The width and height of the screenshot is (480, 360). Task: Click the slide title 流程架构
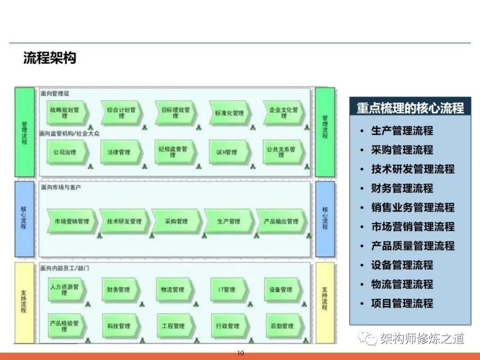pyautogui.click(x=50, y=58)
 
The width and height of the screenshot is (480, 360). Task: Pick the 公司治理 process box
pyautogui.click(x=66, y=152)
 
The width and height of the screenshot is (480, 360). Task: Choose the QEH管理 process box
pyautogui.click(x=228, y=152)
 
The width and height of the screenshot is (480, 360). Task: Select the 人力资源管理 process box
pyautogui.click(x=66, y=290)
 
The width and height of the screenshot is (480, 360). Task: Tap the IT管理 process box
pyautogui.click(x=228, y=290)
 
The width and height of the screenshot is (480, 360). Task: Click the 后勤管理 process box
pyautogui.click(x=282, y=326)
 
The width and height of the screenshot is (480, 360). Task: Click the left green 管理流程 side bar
pyautogui.click(x=24, y=132)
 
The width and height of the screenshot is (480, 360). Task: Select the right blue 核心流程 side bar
pyautogui.click(x=325, y=218)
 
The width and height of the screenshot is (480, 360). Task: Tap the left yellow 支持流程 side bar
pyautogui.click(x=24, y=302)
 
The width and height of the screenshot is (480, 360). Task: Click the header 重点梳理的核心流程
pyautogui.click(x=410, y=108)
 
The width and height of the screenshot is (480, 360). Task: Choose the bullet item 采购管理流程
pyautogui.click(x=402, y=150)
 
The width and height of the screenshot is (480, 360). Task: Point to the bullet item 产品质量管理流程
pyautogui.click(x=412, y=246)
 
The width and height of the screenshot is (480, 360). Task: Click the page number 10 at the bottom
pyautogui.click(x=240, y=354)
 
